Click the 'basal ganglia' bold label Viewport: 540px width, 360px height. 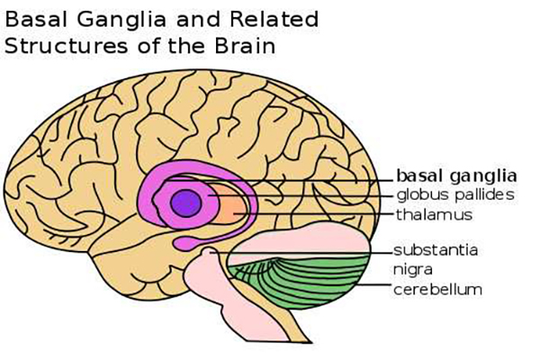click(x=456, y=176)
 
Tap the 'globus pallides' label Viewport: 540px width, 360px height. click(x=455, y=194)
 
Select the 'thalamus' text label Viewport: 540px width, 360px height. click(x=434, y=214)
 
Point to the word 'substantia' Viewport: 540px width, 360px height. click(x=436, y=250)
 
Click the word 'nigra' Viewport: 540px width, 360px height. click(x=413, y=270)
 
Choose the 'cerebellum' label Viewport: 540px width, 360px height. click(x=437, y=290)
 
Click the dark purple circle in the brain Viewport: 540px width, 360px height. click(x=186, y=203)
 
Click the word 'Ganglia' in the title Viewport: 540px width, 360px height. click(x=121, y=21)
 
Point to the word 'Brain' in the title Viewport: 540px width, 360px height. click(x=245, y=46)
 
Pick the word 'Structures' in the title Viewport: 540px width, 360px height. click(x=66, y=46)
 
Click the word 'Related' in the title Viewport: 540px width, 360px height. click(x=274, y=19)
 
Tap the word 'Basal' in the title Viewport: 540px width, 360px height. click(x=36, y=19)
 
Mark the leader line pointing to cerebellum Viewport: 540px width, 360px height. click(x=373, y=285)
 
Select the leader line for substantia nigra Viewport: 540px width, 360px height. click(x=301, y=253)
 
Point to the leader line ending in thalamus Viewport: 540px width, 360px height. click(x=313, y=214)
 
